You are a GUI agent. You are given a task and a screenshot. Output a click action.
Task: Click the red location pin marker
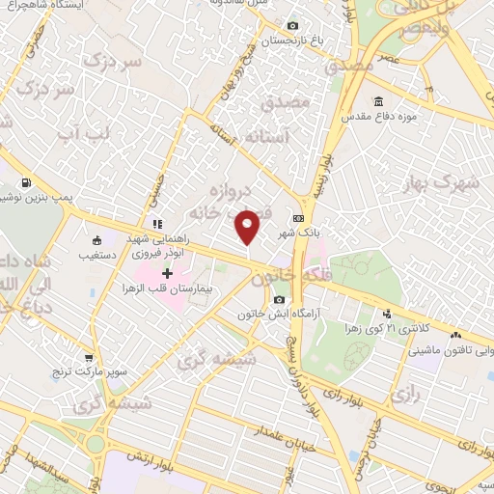248,227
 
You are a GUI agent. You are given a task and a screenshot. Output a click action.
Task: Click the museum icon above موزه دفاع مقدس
377,102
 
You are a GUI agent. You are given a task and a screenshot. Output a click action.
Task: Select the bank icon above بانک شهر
298,218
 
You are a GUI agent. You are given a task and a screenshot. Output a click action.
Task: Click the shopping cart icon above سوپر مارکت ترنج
89,358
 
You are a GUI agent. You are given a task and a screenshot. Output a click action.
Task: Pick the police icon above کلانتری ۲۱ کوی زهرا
387,313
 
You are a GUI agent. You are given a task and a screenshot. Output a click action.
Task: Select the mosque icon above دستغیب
96,241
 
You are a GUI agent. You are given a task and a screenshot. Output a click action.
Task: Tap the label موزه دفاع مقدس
407,118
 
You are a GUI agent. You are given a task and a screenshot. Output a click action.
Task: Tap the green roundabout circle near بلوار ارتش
96,445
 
